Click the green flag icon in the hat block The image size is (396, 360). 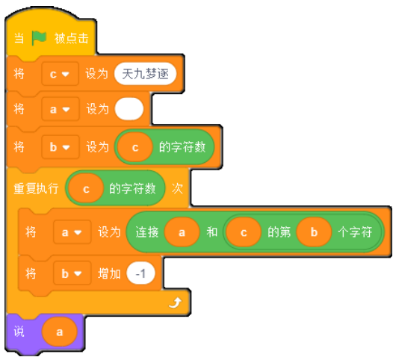[39, 38]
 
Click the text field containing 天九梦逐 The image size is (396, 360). [145, 74]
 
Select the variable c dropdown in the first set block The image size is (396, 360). [60, 74]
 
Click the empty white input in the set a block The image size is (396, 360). [129, 109]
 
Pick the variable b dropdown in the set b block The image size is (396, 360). [61, 147]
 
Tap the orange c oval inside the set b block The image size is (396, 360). [135, 147]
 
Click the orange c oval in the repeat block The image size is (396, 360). [86, 188]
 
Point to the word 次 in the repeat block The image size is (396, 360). [177, 188]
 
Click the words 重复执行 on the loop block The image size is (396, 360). [36, 188]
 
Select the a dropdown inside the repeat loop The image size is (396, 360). [72, 232]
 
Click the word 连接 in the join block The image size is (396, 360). [147, 232]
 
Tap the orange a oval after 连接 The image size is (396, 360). [182, 232]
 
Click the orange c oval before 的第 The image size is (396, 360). [244, 232]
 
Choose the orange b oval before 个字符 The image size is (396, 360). [314, 232]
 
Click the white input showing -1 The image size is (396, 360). [140, 273]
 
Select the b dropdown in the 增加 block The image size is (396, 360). [72, 273]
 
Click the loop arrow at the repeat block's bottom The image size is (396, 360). [176, 302]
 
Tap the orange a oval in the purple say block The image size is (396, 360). [59, 332]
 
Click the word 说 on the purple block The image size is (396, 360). [19, 332]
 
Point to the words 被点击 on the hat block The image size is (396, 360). [72, 38]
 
